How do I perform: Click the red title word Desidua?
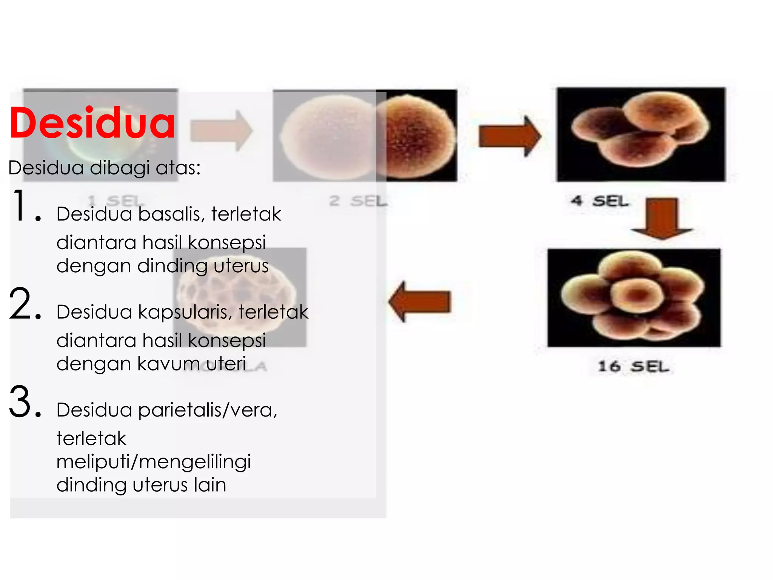pyautogui.click(x=92, y=123)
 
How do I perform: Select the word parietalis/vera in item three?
pyautogui.click(x=207, y=410)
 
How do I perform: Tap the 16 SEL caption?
pyautogui.click(x=633, y=366)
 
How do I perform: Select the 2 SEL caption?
pyautogui.click(x=358, y=201)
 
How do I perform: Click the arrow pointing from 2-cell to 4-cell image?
pyautogui.click(x=510, y=136)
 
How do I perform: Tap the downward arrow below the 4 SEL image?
pyautogui.click(x=662, y=218)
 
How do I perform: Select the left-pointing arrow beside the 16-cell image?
pyautogui.click(x=420, y=301)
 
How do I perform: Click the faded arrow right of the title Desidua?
pyautogui.click(x=221, y=131)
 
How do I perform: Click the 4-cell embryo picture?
pyautogui.click(x=641, y=134)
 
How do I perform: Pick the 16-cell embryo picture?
pyautogui.click(x=634, y=298)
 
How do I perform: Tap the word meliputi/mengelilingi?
pyautogui.click(x=154, y=462)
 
